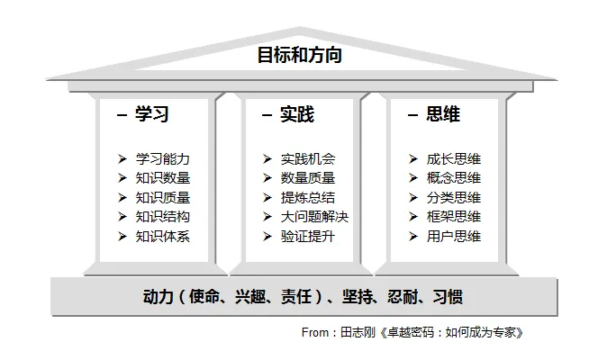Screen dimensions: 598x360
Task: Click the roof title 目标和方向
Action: (299, 56)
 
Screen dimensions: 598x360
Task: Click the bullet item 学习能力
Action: (163, 158)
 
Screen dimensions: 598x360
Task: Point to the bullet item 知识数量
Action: (163, 178)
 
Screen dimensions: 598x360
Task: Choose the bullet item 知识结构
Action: (163, 217)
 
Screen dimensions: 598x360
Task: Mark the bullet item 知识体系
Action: (163, 237)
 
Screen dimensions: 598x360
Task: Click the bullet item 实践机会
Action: (308, 158)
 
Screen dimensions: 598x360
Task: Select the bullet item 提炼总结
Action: (308, 198)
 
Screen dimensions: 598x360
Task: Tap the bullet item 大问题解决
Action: (314, 217)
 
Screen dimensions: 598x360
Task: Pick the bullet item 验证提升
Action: (308, 237)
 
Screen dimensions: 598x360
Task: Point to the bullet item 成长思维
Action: (454, 158)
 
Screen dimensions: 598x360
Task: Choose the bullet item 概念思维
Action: (454, 178)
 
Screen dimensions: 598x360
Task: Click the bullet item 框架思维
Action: (454, 217)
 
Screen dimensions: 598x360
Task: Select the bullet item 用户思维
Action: (454, 237)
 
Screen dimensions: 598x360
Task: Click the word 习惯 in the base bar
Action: (446, 296)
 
